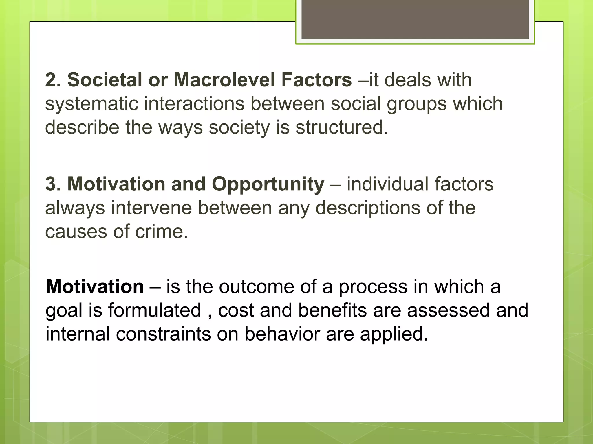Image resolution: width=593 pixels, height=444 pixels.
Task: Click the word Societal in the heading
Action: click(105, 80)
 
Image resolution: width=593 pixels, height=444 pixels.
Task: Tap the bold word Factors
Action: click(316, 80)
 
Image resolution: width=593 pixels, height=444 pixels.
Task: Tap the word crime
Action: click(162, 232)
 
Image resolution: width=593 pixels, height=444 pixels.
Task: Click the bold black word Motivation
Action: click(95, 287)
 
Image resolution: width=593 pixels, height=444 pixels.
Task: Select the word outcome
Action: click(256, 287)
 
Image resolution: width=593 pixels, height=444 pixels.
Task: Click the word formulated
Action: click(155, 310)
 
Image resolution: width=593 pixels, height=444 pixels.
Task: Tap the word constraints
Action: click(163, 334)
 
